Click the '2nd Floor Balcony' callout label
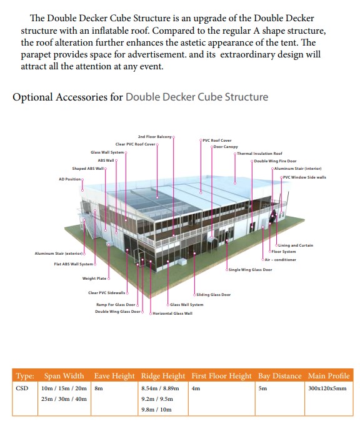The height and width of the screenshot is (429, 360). click(x=154, y=137)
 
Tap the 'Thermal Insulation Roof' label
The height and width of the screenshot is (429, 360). click(x=259, y=154)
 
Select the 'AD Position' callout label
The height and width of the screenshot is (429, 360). click(x=70, y=179)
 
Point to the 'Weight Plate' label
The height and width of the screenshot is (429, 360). click(x=94, y=279)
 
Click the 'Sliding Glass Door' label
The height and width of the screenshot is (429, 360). click(x=214, y=295)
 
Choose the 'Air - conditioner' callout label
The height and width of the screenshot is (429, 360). click(x=281, y=260)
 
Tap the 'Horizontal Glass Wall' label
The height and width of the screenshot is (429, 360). click(x=172, y=313)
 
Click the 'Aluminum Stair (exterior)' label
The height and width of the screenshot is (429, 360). click(x=59, y=254)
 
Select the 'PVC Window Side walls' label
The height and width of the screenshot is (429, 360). click(x=304, y=177)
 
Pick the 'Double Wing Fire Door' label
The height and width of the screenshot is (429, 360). click(x=275, y=161)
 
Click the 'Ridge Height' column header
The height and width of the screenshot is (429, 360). click(x=163, y=376)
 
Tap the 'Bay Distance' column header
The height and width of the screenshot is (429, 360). click(x=280, y=376)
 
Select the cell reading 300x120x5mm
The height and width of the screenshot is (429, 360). click(x=327, y=388)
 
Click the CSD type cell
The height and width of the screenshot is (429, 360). click(x=22, y=388)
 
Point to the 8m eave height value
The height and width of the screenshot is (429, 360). click(x=99, y=388)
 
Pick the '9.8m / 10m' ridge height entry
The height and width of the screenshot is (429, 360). click(x=156, y=410)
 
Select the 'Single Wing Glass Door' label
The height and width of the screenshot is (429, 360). click(x=250, y=270)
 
